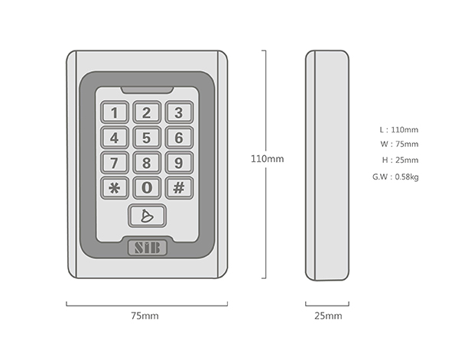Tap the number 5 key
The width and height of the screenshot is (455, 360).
(147, 138)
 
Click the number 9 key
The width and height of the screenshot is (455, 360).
(180, 163)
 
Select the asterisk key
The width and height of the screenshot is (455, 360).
(115, 188)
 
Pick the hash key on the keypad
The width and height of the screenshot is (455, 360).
(180, 188)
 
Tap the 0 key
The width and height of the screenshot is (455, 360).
(147, 188)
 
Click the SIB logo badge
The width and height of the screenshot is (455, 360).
(148, 248)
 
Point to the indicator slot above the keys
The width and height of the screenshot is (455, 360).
(148, 90)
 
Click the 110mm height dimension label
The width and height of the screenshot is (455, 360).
(267, 159)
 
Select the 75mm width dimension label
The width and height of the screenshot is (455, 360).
(145, 316)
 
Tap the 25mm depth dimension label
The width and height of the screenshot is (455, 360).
(328, 316)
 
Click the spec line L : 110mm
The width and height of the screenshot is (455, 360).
(399, 130)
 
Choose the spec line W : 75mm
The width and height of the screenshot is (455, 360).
(399, 144)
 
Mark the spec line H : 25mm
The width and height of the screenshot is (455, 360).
(400, 161)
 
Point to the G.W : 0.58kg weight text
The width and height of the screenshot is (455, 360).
(395, 177)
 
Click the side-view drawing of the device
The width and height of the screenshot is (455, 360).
(327, 165)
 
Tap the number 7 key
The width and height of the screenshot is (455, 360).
(115, 163)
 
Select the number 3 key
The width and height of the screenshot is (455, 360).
(180, 112)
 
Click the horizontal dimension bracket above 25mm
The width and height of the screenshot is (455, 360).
(327, 305)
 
